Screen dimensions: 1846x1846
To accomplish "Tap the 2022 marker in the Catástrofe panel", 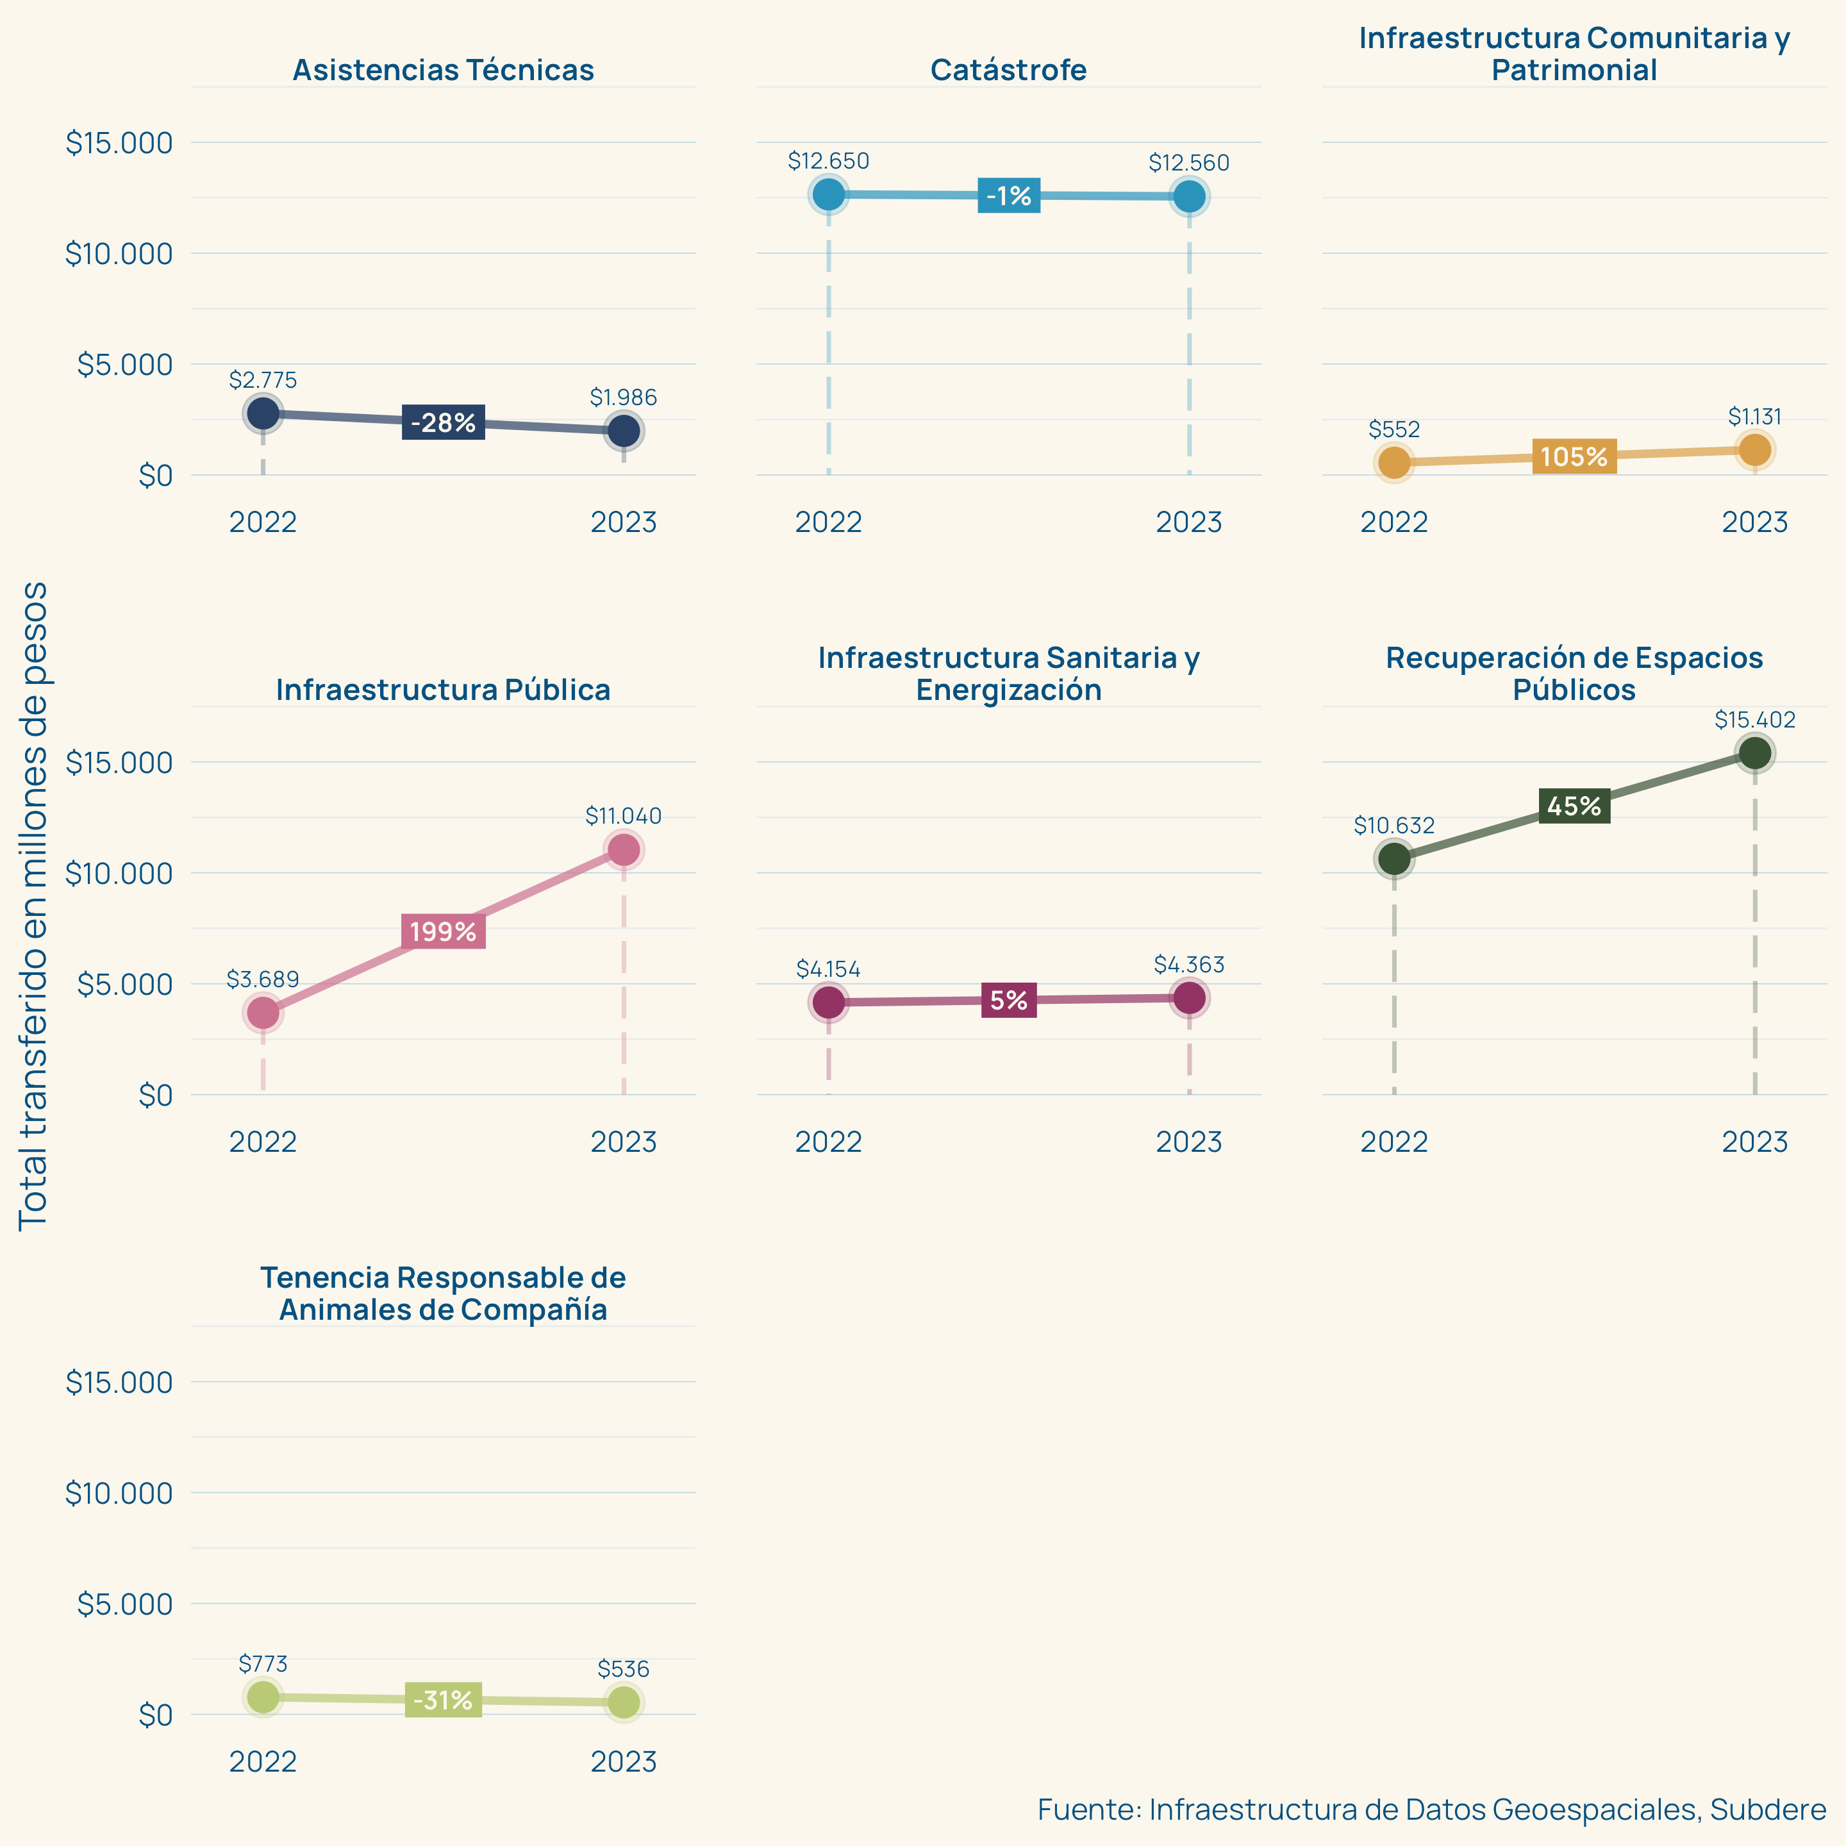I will [828, 194].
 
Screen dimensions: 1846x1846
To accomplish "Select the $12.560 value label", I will [1188, 163].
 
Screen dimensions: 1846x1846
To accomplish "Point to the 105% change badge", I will [1574, 457].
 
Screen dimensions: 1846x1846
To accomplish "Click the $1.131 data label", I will [1754, 417].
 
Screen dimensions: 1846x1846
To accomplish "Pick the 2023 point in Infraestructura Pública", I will [624, 849].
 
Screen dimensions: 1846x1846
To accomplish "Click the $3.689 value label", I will [263, 979].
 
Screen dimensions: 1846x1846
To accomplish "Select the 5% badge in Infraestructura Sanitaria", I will [1008, 1001].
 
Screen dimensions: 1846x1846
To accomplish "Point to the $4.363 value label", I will [1188, 965].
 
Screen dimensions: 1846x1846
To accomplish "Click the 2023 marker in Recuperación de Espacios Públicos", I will [1754, 753].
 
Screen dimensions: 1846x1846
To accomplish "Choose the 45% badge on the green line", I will [1574, 806].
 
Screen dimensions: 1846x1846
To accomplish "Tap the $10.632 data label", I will [1394, 826].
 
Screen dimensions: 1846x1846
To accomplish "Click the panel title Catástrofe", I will [1008, 70].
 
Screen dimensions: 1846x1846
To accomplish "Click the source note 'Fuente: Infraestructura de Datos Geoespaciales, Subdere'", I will [1431, 1809].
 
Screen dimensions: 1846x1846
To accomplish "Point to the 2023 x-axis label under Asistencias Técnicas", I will [624, 522].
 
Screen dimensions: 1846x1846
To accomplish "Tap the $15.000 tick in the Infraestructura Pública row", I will [119, 763].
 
